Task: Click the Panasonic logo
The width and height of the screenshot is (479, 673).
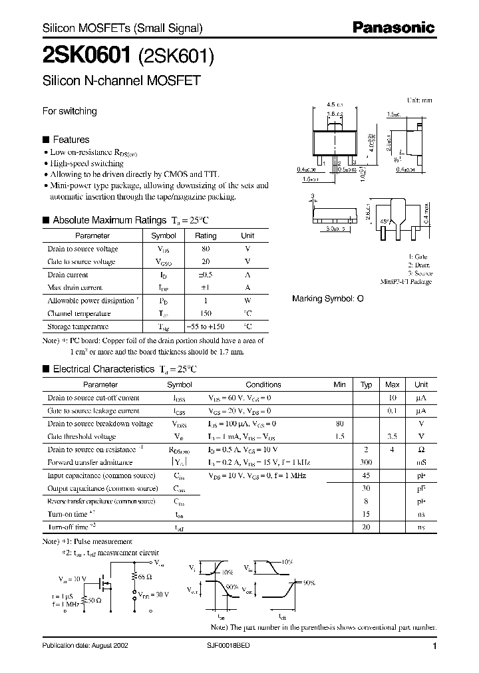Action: (x=393, y=27)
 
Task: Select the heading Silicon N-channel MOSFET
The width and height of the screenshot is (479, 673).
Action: (x=122, y=82)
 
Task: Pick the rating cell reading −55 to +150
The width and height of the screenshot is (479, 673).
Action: (x=206, y=327)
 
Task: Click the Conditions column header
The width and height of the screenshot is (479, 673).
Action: (x=263, y=384)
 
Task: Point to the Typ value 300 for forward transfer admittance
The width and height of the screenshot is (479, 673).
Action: (x=366, y=462)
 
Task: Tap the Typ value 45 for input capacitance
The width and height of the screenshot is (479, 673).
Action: (x=366, y=475)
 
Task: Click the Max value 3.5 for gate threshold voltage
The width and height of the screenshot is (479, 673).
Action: (x=393, y=437)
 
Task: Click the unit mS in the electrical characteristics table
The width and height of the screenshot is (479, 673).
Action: (x=420, y=462)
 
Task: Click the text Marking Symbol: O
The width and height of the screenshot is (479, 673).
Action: (x=328, y=299)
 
